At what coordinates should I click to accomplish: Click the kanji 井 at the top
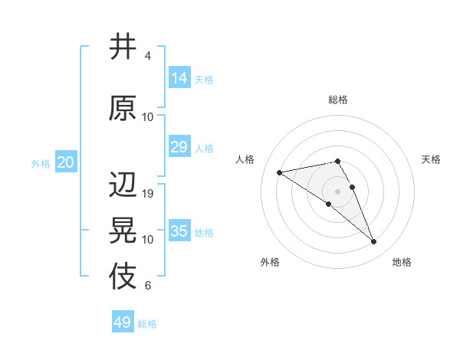tap(123, 47)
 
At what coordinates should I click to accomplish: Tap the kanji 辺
tap(123, 185)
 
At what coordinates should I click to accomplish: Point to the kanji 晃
tap(123, 231)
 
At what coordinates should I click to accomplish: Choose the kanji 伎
tap(123, 277)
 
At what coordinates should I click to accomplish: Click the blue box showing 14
tap(179, 78)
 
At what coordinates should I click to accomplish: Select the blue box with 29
tap(179, 147)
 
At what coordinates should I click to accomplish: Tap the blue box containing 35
tap(179, 231)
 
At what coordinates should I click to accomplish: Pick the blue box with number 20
tap(65, 162)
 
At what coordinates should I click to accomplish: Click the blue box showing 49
tap(123, 322)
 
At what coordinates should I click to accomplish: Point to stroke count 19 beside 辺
tap(148, 194)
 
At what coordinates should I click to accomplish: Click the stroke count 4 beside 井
tap(148, 56)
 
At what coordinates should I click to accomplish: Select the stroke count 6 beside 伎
tap(148, 286)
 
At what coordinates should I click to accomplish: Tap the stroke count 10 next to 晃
tap(148, 240)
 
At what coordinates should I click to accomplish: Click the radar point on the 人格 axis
tap(280, 172)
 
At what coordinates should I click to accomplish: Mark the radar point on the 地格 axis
tap(373, 242)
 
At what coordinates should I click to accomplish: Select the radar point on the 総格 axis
tap(337, 161)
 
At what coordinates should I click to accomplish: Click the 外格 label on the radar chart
tap(270, 262)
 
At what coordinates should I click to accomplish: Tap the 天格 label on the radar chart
tap(431, 159)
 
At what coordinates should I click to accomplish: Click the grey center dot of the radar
tap(337, 191)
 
